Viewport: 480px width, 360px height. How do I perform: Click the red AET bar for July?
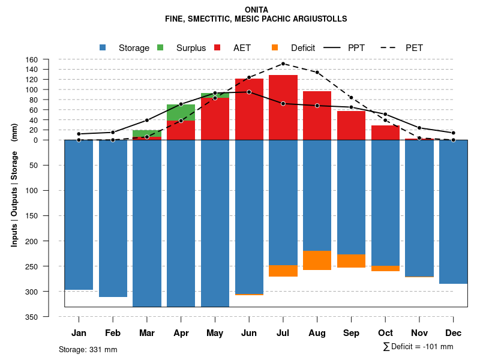283,108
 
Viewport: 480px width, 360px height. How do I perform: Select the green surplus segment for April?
181,112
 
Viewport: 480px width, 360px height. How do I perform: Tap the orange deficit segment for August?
317,260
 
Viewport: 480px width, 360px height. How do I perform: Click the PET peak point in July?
283,64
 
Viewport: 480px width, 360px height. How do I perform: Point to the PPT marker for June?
249,92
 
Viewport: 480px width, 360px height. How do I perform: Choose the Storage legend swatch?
103,47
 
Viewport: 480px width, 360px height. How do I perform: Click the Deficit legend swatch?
275,47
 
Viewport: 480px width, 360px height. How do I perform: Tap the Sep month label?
351,333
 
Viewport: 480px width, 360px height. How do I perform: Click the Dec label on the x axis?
454,333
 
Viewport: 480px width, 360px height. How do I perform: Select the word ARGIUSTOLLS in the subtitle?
319,19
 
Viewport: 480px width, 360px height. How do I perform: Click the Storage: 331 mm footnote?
88,349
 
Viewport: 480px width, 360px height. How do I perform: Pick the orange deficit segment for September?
351,261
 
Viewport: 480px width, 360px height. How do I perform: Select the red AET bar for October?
385,133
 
